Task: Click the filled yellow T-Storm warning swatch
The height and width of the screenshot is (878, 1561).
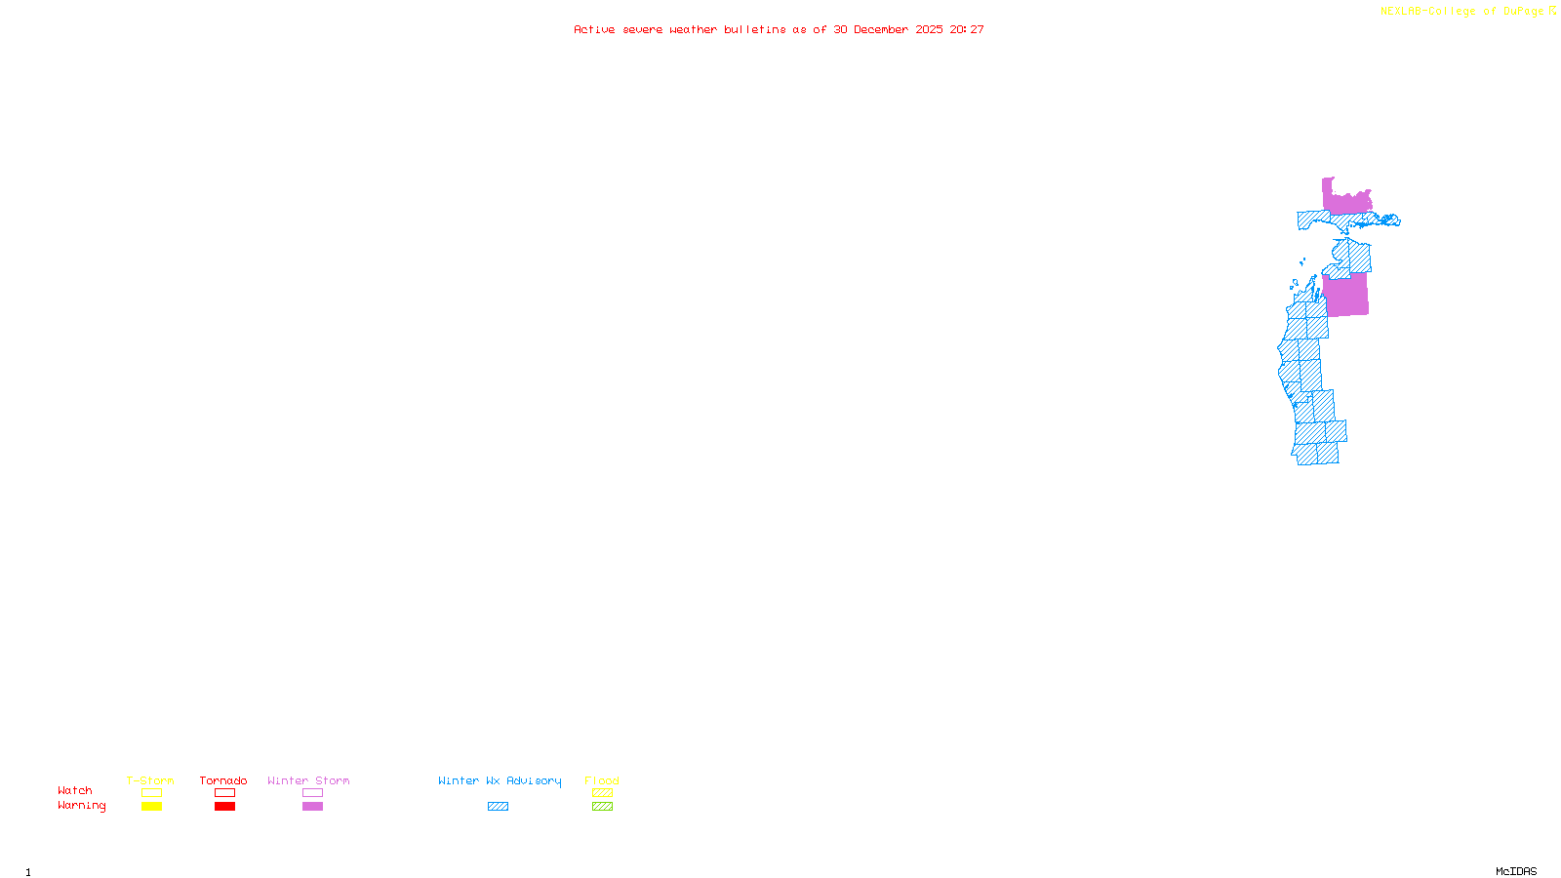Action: coord(151,807)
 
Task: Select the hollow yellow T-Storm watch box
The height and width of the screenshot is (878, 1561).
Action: coord(151,793)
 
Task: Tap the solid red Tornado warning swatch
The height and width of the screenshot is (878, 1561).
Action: coord(224,807)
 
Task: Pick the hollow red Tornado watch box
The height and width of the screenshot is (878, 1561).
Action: coord(224,793)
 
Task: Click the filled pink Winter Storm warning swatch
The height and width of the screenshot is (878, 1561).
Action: coord(312,807)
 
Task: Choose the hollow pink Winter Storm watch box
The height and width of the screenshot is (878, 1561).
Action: coord(312,793)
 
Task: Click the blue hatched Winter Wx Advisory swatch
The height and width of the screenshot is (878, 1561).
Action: coord(498,807)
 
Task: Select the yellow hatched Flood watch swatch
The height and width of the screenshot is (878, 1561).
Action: coord(602,793)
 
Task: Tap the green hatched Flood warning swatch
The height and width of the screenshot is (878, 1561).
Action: coord(602,807)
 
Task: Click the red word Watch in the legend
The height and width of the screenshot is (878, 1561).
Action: coord(75,791)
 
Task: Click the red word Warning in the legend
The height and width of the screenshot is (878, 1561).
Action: coord(81,806)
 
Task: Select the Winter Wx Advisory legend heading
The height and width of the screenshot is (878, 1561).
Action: coord(500,780)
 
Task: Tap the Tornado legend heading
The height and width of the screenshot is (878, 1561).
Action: coord(223,780)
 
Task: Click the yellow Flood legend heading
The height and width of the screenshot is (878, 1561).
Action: coord(602,780)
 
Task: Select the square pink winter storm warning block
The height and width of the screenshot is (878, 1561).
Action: coord(1346,296)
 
